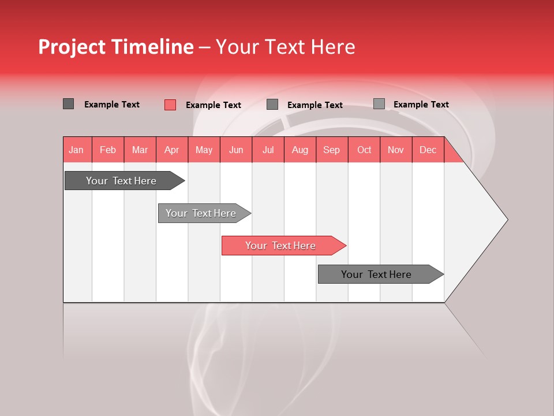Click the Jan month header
click(76, 150)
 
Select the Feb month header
click(108, 150)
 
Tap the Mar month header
click(140, 150)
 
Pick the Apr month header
click(171, 150)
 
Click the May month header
click(204, 150)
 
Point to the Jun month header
click(236, 150)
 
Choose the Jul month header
click(268, 150)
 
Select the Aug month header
click(300, 150)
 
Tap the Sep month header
click(332, 150)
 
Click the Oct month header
click(364, 150)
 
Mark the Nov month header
click(396, 150)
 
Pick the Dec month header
click(428, 150)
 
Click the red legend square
click(170, 105)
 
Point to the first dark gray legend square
click(68, 104)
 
